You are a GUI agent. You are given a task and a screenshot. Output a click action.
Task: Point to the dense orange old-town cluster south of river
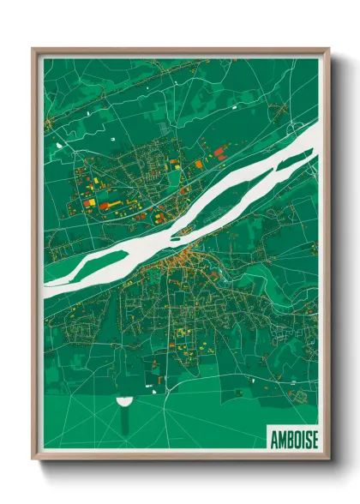click(180, 257)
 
